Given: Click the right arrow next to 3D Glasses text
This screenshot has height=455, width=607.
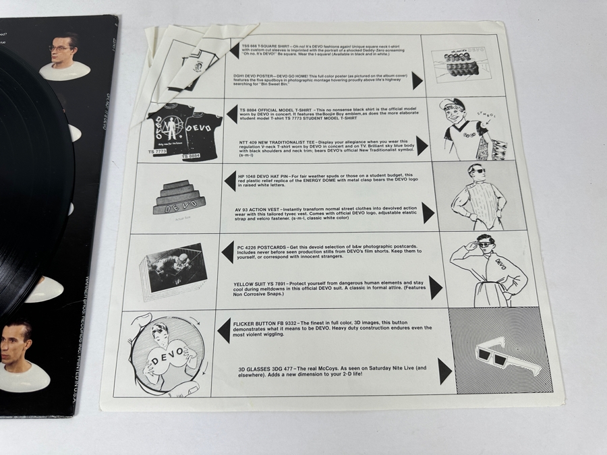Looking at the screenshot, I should point(444,371).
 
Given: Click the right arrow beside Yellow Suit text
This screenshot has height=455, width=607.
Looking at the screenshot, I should point(436,288).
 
